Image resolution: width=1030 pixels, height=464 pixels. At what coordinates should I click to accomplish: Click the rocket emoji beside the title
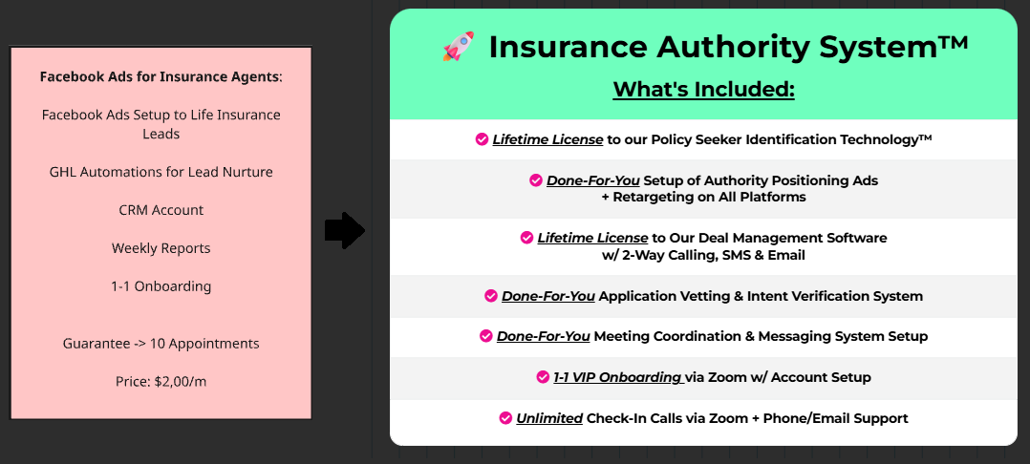[x=459, y=47]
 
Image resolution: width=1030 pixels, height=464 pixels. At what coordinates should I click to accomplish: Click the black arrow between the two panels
[x=345, y=231]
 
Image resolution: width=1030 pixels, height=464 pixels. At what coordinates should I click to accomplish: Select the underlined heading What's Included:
[x=703, y=89]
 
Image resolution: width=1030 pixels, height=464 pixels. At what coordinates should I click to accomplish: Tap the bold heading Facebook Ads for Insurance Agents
[x=160, y=76]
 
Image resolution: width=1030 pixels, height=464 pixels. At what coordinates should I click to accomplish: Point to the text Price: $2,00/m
[x=161, y=381]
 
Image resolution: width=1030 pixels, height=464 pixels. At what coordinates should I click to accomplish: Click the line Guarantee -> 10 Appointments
[x=161, y=344]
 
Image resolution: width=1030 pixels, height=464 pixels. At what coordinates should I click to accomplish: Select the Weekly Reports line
[x=161, y=248]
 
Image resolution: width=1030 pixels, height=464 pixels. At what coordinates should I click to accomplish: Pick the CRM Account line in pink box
[x=161, y=210]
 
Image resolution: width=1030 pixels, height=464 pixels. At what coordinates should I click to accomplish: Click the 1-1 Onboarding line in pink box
[x=161, y=286]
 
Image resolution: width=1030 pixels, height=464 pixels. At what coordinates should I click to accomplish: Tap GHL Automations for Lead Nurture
[x=161, y=172]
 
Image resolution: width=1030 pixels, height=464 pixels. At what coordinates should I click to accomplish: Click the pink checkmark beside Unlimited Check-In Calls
[x=505, y=417]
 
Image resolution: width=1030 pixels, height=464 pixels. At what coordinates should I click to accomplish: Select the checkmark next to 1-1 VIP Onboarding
[x=543, y=377]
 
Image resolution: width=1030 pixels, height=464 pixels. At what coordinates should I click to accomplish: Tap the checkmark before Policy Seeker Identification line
[x=482, y=139]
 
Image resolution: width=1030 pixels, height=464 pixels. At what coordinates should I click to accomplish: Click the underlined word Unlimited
[x=549, y=418]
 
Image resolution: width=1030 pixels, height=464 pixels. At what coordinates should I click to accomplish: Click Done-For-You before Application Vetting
[x=548, y=296]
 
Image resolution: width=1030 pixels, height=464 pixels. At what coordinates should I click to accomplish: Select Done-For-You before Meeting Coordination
[x=544, y=337]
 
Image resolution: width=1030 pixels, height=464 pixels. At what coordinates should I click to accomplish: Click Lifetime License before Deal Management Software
[x=592, y=238]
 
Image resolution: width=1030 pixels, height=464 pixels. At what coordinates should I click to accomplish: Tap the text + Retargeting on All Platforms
[x=703, y=197]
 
